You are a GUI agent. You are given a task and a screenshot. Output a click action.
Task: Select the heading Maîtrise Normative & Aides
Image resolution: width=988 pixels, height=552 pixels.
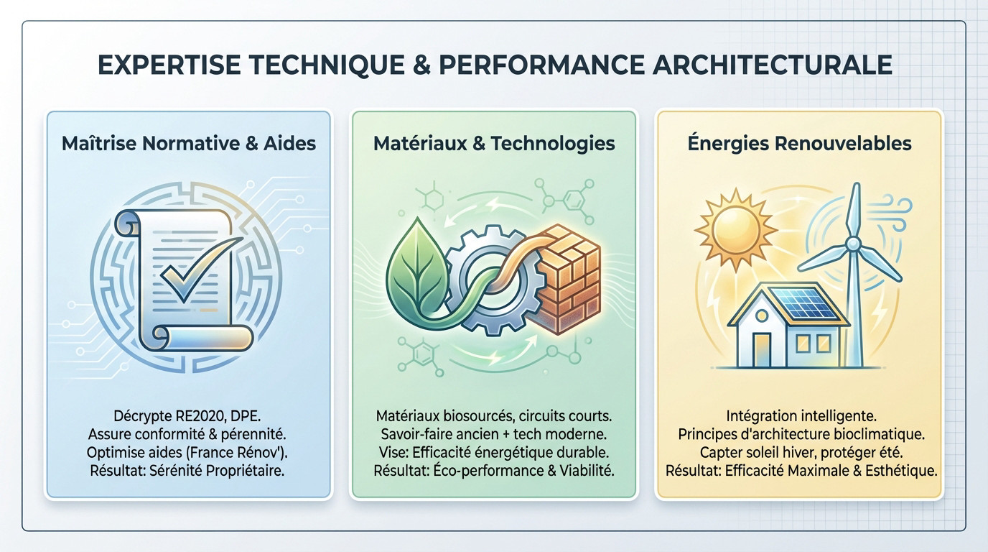pyautogui.click(x=189, y=143)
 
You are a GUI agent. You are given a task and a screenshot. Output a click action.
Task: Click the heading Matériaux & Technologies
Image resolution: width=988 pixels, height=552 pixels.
pyautogui.click(x=494, y=143)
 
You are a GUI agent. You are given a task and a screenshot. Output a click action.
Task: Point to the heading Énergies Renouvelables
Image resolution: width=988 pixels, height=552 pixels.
pyautogui.click(x=798, y=143)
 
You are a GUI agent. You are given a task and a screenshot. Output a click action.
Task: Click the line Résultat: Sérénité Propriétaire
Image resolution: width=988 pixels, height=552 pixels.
pyautogui.click(x=189, y=471)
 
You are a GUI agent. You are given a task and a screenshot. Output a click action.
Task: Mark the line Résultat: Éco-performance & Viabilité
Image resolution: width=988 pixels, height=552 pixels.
pyautogui.click(x=494, y=471)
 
